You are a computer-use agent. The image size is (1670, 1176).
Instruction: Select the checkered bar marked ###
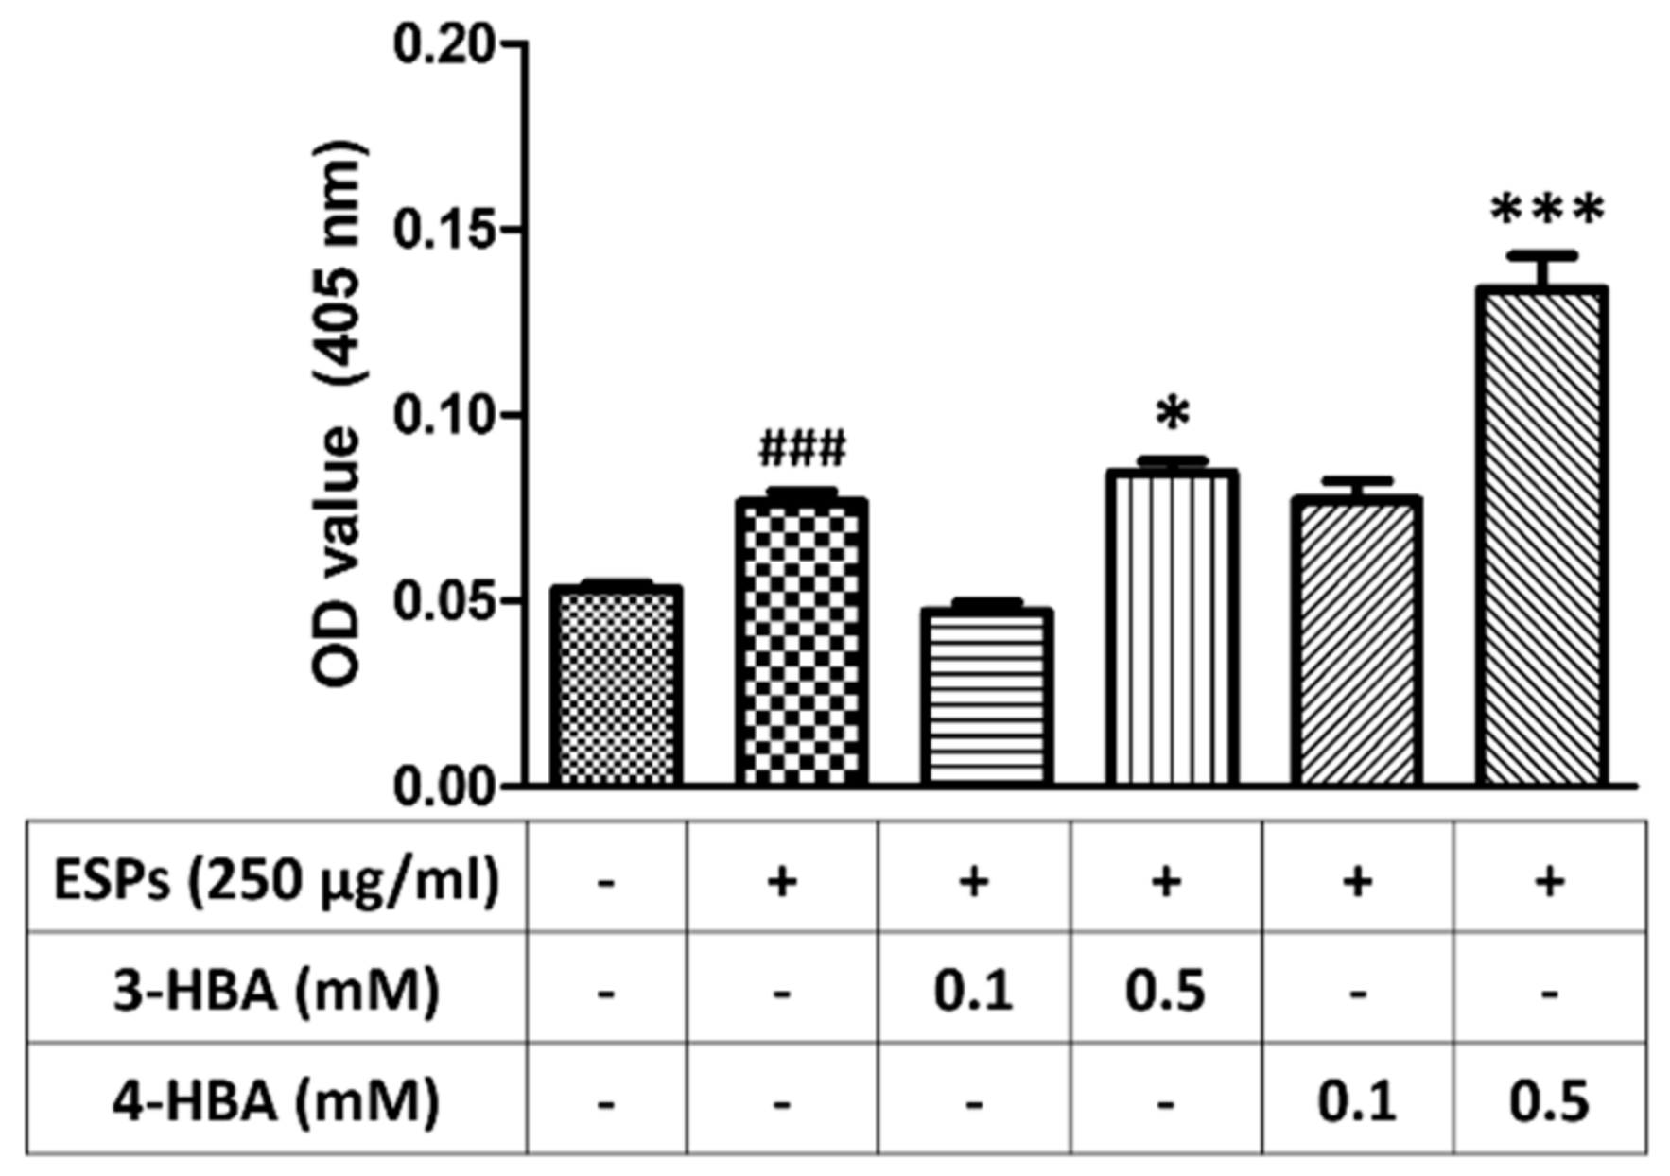coord(802,643)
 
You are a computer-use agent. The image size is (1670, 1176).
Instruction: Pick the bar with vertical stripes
coord(1173,629)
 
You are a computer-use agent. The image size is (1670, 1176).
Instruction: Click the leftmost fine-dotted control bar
coord(617,686)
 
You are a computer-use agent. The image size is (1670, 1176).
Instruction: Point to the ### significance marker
coord(802,449)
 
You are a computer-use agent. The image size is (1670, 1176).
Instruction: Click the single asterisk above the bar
coord(1173,414)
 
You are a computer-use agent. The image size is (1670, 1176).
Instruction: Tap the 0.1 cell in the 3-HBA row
coord(974,992)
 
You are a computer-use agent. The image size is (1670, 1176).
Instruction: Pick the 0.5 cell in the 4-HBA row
coord(1548,1101)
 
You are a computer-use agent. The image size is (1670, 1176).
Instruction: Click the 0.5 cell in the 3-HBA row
coord(1165,992)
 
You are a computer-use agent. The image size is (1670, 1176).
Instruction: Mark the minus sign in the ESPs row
coord(606,883)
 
